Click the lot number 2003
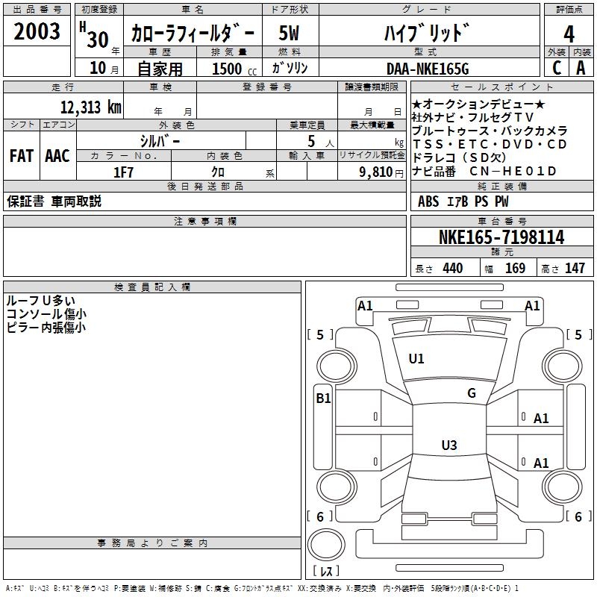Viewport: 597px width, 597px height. (x=37, y=31)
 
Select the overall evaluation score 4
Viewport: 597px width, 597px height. (x=569, y=34)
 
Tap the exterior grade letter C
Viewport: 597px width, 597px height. (x=556, y=67)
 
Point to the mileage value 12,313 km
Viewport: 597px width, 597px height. (x=90, y=107)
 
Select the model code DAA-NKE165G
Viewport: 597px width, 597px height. (x=428, y=69)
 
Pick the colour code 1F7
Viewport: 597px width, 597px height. (x=123, y=171)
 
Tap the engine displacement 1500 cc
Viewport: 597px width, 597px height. (x=227, y=69)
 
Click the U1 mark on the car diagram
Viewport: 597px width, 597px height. (x=416, y=359)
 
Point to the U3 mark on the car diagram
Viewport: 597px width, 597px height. (x=448, y=446)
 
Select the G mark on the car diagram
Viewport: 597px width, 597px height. (x=471, y=393)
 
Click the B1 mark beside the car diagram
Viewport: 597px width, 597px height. (x=322, y=398)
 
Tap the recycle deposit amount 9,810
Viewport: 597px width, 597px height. (x=376, y=171)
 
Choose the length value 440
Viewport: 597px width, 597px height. (x=452, y=269)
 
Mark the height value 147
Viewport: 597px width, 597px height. (x=575, y=269)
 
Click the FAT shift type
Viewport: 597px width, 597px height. (x=21, y=156)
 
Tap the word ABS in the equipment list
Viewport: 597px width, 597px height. (x=428, y=201)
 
